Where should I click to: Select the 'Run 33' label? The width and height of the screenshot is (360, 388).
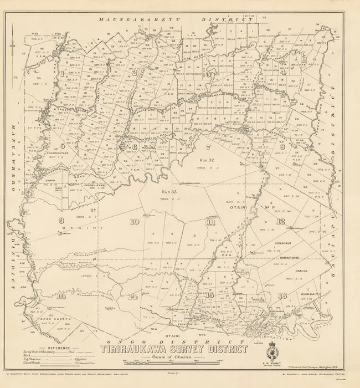(169, 191)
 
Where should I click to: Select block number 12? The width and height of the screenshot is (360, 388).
(281, 221)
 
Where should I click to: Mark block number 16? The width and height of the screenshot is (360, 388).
(282, 295)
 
